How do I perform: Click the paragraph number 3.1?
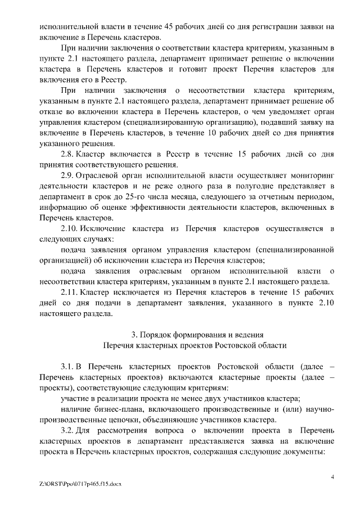tap(68, 366)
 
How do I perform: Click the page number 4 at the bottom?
tap(332, 478)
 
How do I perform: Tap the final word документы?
tap(303, 452)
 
